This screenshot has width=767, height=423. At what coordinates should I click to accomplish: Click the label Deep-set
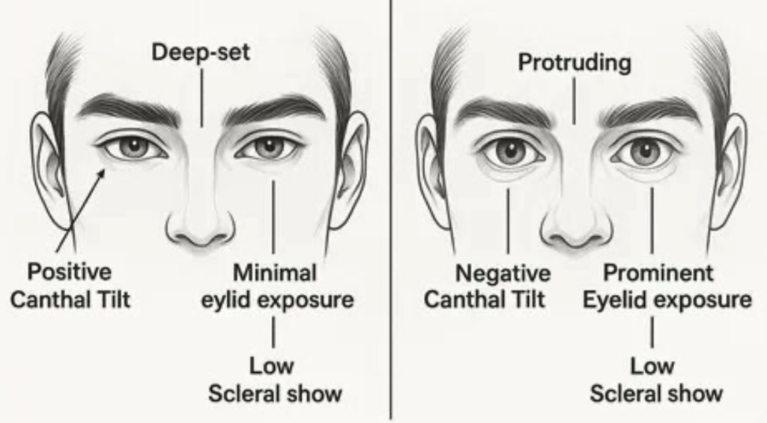(201, 52)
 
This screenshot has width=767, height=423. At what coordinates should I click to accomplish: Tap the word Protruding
(575, 63)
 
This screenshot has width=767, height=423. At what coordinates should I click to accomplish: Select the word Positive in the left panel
(69, 272)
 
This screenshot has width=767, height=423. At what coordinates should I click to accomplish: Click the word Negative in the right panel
(503, 273)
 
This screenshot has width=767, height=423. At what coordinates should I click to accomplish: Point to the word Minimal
(275, 273)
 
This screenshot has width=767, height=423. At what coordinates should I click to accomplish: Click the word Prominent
(658, 273)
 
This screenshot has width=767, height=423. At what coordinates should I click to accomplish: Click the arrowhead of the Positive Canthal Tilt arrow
(101, 173)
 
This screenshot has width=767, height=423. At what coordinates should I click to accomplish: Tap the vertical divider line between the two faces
(391, 210)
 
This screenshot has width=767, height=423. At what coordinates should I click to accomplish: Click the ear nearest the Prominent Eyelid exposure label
(729, 168)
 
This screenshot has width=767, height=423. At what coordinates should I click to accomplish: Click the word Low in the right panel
(652, 366)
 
